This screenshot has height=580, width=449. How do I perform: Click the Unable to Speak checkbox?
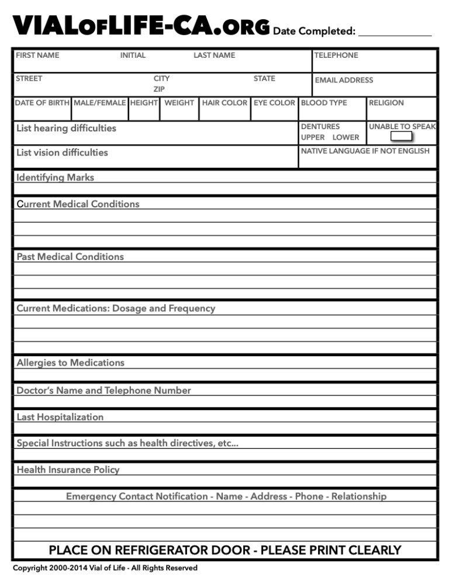pyautogui.click(x=402, y=137)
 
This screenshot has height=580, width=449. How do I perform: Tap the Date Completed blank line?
pyautogui.click(x=395, y=34)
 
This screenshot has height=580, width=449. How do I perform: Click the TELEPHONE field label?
pyautogui.click(x=336, y=55)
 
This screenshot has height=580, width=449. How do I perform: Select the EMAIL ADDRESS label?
pyautogui.click(x=344, y=80)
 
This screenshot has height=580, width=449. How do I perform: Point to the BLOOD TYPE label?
pyautogui.click(x=324, y=103)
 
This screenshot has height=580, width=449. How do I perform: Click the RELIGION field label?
pyautogui.click(x=386, y=103)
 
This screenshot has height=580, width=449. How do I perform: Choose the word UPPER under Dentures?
pyautogui.click(x=313, y=137)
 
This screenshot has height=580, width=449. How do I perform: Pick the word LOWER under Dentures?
pyautogui.click(x=346, y=137)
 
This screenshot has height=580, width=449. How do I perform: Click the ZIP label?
pyautogui.click(x=159, y=89)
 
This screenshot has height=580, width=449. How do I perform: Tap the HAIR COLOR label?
pyautogui.click(x=224, y=103)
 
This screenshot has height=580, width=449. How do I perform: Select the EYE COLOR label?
pyautogui.click(x=274, y=103)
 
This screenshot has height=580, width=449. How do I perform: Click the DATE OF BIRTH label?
pyautogui.click(x=42, y=103)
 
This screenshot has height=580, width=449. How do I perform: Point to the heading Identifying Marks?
pyautogui.click(x=55, y=178)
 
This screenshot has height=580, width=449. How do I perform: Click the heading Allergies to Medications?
pyautogui.click(x=70, y=363)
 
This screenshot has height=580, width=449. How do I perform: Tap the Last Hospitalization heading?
pyautogui.click(x=60, y=417)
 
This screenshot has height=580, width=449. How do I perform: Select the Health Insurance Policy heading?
pyautogui.click(x=68, y=470)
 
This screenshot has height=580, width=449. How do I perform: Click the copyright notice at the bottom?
pyautogui.click(x=105, y=568)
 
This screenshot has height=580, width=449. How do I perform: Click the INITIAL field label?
pyautogui.click(x=133, y=55)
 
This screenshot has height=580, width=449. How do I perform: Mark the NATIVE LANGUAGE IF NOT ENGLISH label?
pyautogui.click(x=365, y=151)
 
